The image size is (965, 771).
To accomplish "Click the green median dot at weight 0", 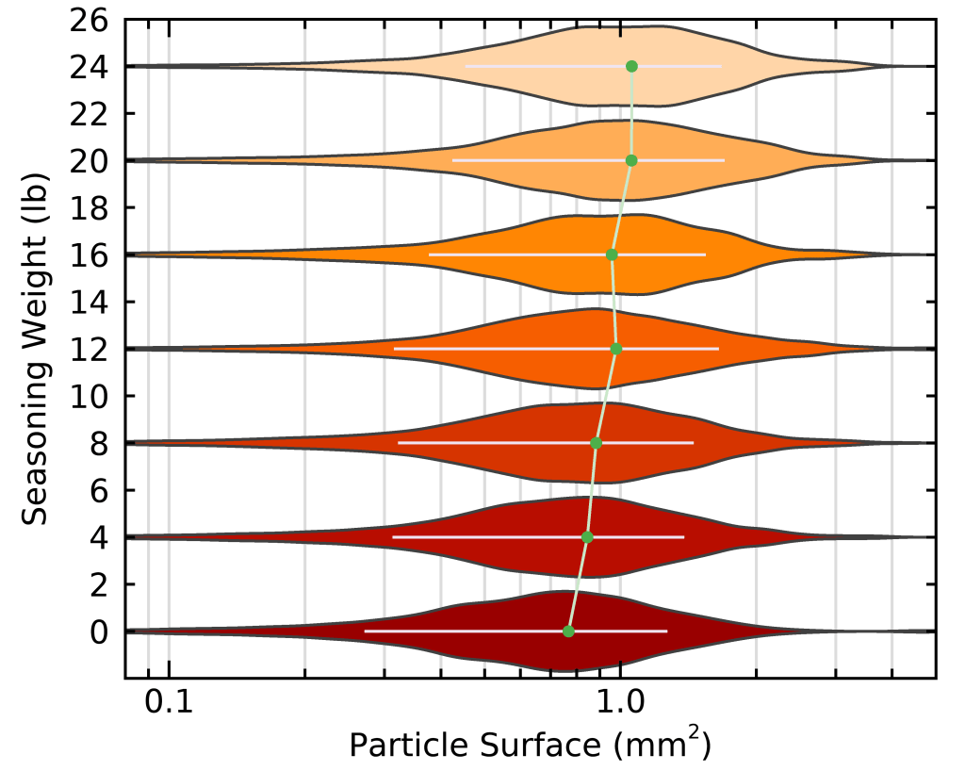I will tap(568, 631).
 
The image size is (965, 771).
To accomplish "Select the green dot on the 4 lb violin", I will tap(587, 537).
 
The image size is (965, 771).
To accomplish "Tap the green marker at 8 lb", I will tap(596, 443).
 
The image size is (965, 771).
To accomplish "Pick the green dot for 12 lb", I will tap(616, 349).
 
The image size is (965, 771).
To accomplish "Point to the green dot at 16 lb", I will tap(612, 254).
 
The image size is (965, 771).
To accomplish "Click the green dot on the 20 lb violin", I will tap(631, 160).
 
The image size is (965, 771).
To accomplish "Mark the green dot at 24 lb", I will tap(631, 66).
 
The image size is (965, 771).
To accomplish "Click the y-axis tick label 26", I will tap(90, 20).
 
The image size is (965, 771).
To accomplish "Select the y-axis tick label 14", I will tap(90, 302).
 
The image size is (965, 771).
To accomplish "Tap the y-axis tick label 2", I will tap(99, 584).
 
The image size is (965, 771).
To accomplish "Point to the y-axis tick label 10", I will tap(90, 396).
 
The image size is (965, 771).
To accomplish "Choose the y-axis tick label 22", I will tap(90, 113).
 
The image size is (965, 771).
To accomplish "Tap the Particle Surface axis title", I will tap(528, 746).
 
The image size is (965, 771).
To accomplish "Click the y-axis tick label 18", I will tap(90, 207).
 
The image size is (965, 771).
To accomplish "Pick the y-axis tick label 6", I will tap(99, 490).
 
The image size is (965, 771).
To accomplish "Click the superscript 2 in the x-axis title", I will tap(692, 733).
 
